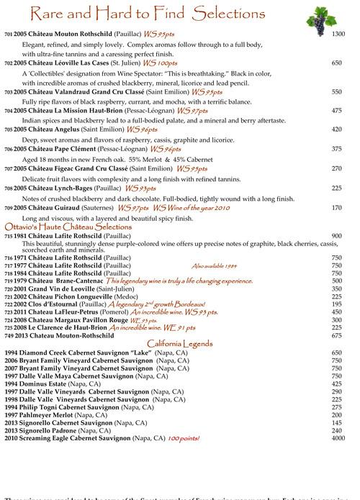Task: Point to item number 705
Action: (x=9, y=129)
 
